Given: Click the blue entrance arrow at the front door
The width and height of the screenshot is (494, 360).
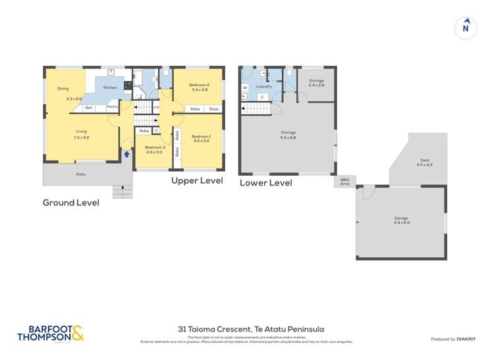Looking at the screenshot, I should click(126, 154).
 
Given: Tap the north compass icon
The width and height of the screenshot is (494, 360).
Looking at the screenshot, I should click(466, 28).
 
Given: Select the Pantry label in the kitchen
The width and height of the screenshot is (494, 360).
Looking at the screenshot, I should click(113, 107).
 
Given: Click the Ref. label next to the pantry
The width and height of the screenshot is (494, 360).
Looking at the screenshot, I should click(88, 107).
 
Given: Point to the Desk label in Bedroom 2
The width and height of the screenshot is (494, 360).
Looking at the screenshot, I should click(214, 109).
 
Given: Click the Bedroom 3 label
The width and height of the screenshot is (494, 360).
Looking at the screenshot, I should click(155, 147).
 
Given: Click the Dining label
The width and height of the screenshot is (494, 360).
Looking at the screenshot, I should click(63, 88).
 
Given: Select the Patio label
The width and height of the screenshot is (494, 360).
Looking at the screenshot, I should click(80, 174).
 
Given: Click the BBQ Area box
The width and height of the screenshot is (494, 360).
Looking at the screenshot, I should click(345, 181).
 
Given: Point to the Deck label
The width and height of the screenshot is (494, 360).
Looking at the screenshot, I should click(425, 160).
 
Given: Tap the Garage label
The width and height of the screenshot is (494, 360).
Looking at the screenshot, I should click(401, 218).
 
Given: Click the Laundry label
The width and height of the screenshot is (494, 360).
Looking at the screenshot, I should click(264, 86).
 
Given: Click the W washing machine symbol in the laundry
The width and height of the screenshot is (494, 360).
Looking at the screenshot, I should click(244, 87).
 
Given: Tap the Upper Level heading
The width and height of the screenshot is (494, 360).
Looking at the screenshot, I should click(197, 180).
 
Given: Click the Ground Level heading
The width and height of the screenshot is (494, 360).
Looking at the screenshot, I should click(71, 203).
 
